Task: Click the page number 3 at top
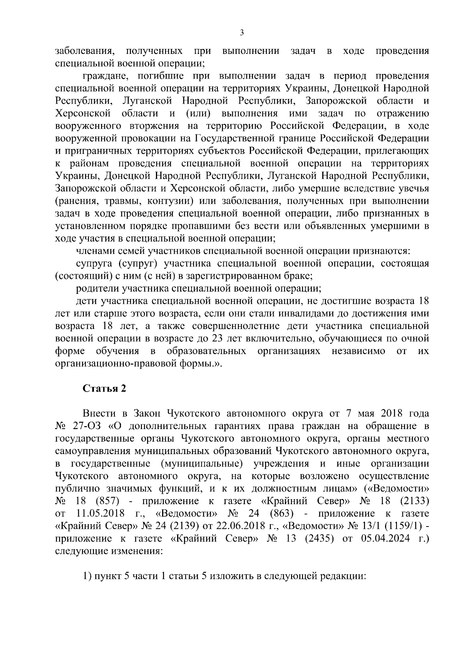pyautogui.click(x=241, y=33)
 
